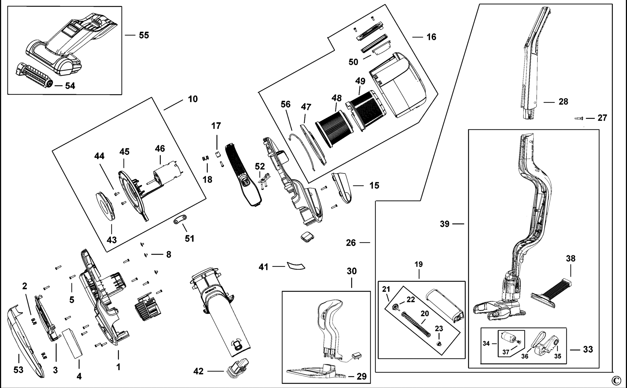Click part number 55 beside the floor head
144,35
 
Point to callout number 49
360,81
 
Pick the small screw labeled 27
579,118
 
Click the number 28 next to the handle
563,102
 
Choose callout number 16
431,37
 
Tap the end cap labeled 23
438,343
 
